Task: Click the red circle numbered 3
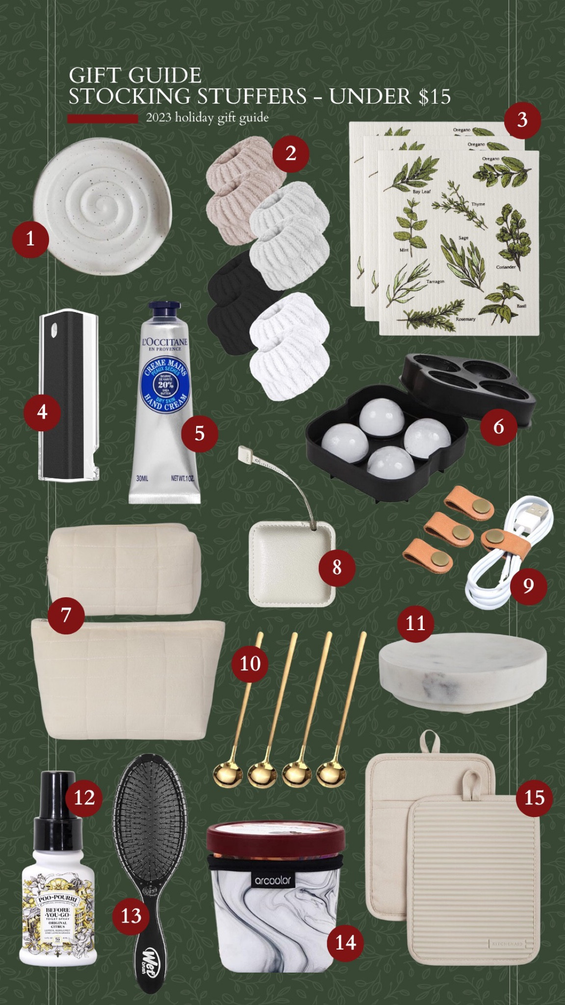tap(522, 120)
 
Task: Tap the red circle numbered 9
tap(528, 585)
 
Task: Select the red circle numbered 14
tap(345, 942)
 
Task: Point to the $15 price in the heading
tap(435, 96)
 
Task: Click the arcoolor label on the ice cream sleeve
tap(273, 880)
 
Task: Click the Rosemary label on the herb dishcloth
tap(465, 319)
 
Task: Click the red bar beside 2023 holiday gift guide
tap(103, 118)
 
